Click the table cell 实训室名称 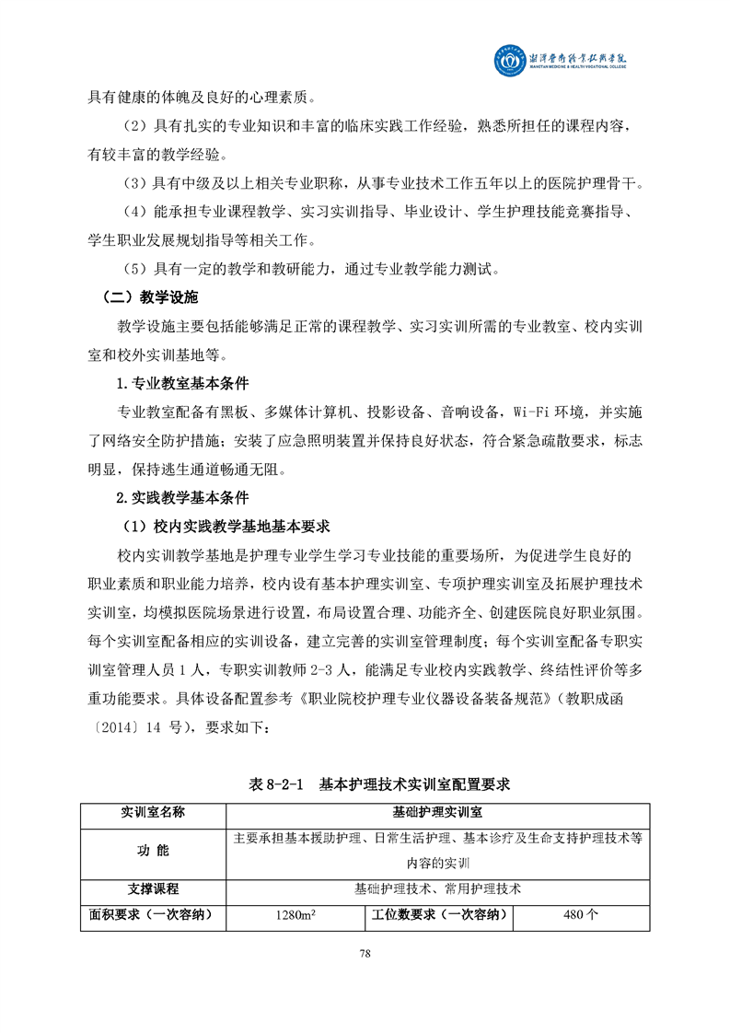[153, 812]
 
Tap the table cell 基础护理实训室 [438, 812]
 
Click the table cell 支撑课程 [153, 889]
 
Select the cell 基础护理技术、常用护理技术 [438, 889]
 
